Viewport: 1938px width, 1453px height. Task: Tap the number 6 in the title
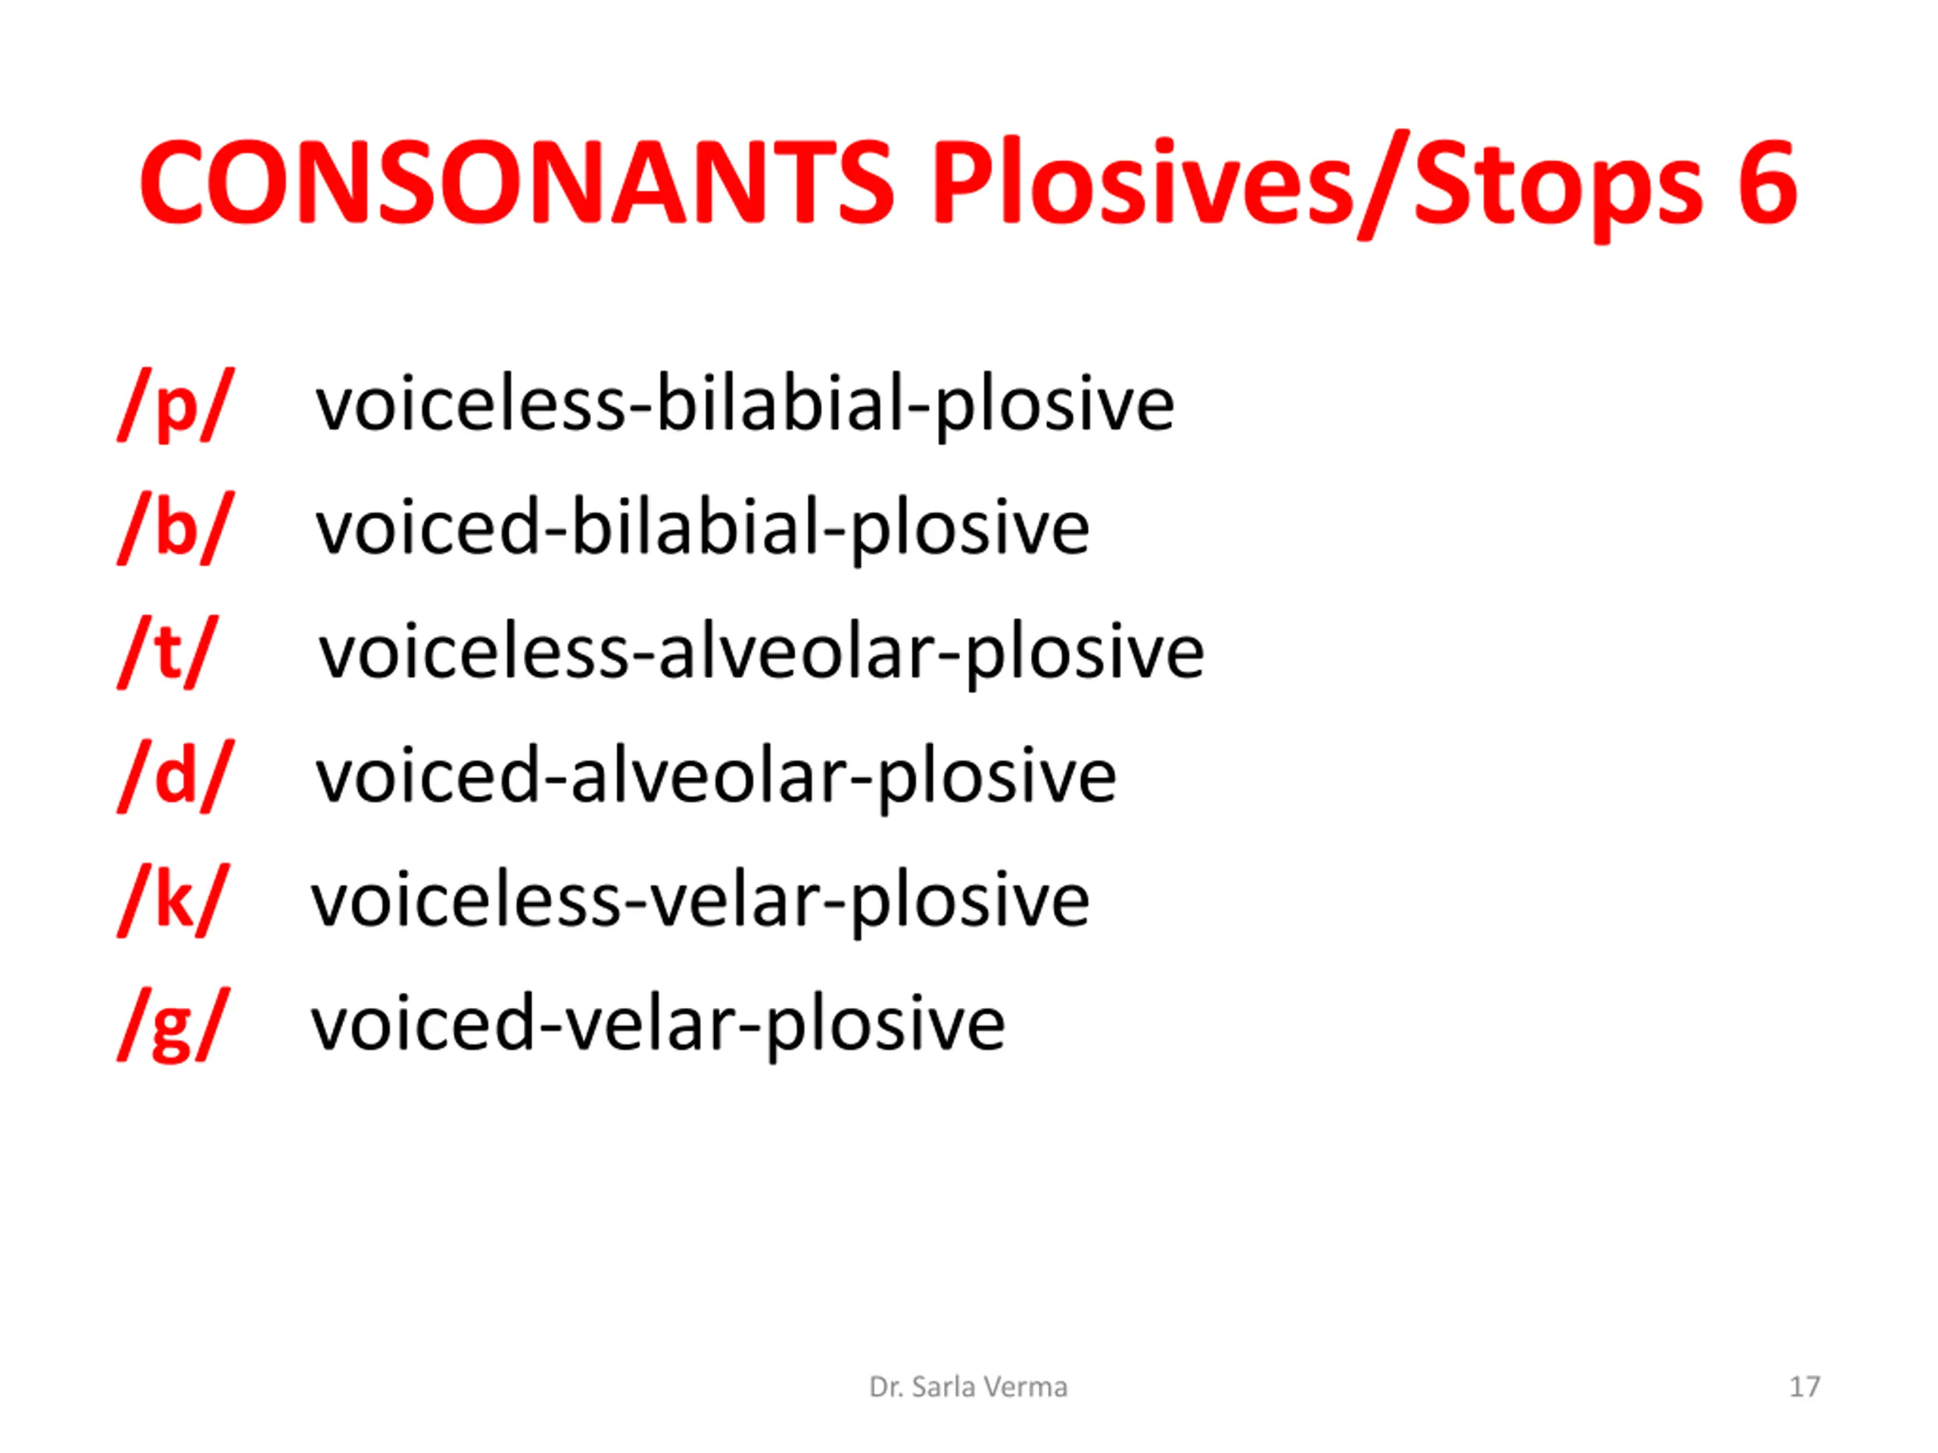(x=1767, y=182)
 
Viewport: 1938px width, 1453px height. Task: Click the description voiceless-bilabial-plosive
(x=745, y=405)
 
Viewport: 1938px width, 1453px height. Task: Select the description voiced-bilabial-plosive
(x=703, y=528)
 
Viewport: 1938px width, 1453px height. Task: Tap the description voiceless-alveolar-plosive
(x=762, y=652)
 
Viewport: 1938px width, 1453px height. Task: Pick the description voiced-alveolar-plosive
(x=716, y=776)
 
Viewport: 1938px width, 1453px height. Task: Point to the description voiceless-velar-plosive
(x=700, y=901)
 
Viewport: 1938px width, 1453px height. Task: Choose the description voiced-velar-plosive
(x=658, y=1025)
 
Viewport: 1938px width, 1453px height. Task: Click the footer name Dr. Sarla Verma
(x=968, y=1387)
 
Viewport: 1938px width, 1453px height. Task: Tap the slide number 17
(x=1805, y=1387)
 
